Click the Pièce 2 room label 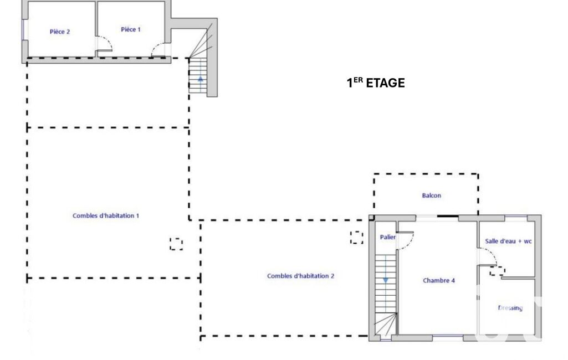(60, 32)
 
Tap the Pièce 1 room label (130, 29)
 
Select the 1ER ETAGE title (376, 83)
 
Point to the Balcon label (432, 196)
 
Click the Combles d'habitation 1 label (106, 215)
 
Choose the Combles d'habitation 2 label (301, 276)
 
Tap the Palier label (387, 237)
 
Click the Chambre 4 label (439, 280)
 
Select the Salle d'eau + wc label (508, 241)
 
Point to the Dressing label (510, 308)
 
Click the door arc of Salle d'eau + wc (492, 254)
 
